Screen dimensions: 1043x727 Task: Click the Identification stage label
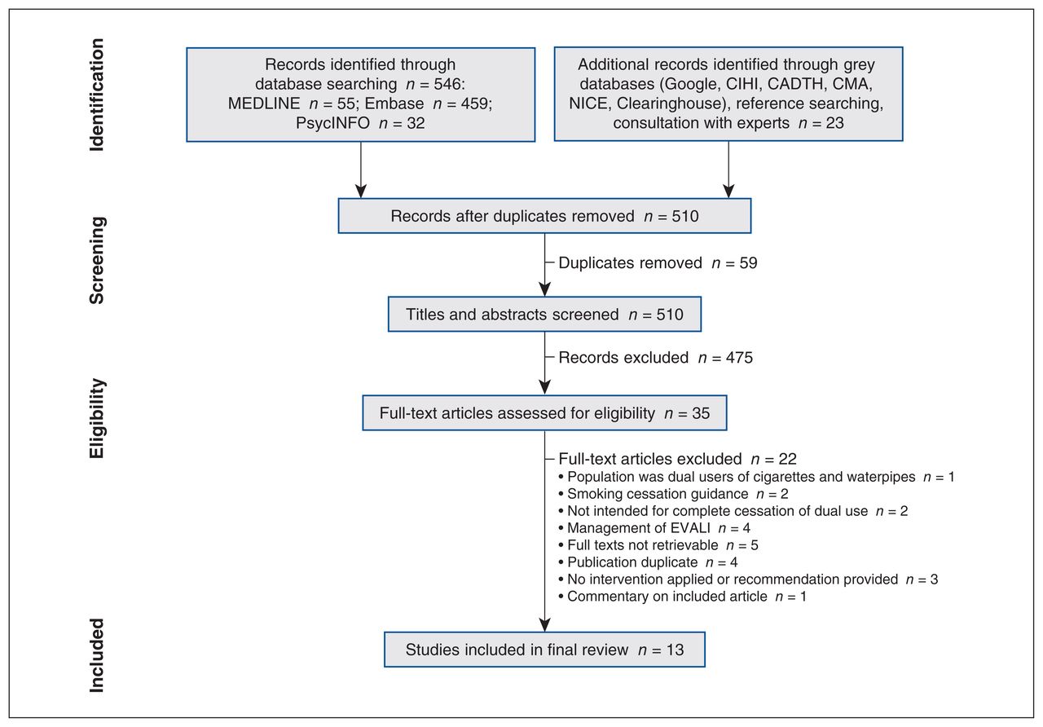click(x=96, y=95)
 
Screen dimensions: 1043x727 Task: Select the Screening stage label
click(x=96, y=260)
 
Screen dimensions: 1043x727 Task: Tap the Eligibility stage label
click(x=96, y=418)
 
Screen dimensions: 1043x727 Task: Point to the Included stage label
click(x=96, y=655)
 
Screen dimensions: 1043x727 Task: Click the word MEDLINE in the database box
click(x=264, y=104)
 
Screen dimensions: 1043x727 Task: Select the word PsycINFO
click(x=332, y=123)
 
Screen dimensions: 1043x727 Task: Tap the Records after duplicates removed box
click(x=544, y=216)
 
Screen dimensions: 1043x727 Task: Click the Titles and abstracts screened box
click(x=544, y=315)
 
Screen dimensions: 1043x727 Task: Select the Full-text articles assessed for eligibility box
click(x=544, y=413)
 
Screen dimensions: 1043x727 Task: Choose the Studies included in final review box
click(x=544, y=650)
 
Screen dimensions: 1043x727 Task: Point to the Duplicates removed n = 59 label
click(x=658, y=263)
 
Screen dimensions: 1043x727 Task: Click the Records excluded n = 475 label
click(x=655, y=358)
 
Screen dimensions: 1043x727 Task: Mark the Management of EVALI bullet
click(x=654, y=528)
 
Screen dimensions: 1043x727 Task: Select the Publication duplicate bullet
click(x=648, y=562)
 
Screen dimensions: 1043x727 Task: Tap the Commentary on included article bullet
click(x=682, y=597)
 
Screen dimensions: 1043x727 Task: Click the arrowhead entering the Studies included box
click(x=544, y=625)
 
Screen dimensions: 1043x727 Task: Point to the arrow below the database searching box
click(x=361, y=170)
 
